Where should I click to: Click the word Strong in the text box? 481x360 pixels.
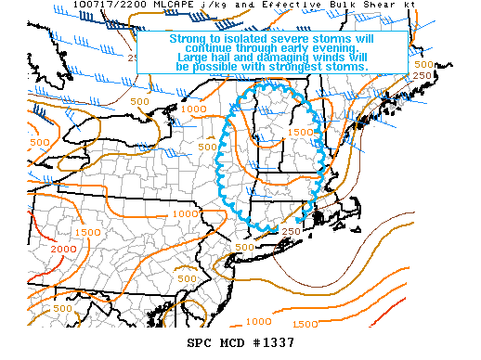[x=187, y=39]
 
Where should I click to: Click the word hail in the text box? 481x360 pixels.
[x=224, y=58]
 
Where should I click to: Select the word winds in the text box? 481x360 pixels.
[x=331, y=58]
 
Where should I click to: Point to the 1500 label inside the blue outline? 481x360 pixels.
[x=298, y=133]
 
